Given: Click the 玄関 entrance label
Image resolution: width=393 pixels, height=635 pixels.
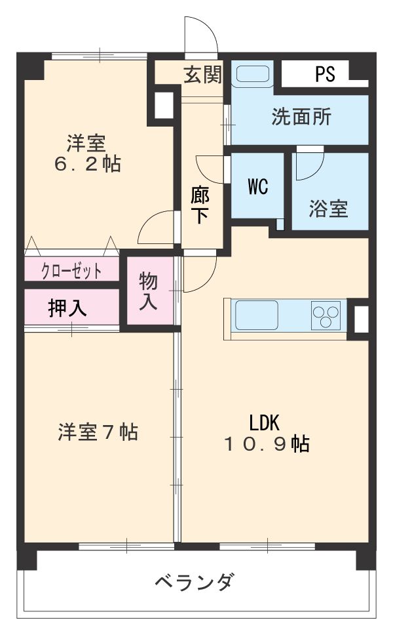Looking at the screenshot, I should click(202, 75).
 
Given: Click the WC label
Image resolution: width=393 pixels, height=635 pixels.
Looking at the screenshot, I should click(257, 187).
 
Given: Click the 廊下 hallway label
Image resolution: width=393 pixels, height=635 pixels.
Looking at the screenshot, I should click(200, 205).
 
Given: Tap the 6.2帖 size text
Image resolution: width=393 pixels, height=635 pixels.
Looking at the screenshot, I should click(86, 164).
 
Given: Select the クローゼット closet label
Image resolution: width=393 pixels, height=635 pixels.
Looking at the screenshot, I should click(71, 270).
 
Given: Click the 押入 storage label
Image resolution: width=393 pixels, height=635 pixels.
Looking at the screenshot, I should click(67, 308).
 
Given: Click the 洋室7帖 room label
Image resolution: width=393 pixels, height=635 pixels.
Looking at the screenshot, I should click(98, 432).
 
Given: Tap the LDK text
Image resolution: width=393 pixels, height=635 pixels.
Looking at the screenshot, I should click(265, 421).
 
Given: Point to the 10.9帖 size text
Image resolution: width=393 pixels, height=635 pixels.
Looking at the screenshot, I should click(266, 444).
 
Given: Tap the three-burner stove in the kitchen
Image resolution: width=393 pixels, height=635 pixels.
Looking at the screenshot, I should click(326, 315).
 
